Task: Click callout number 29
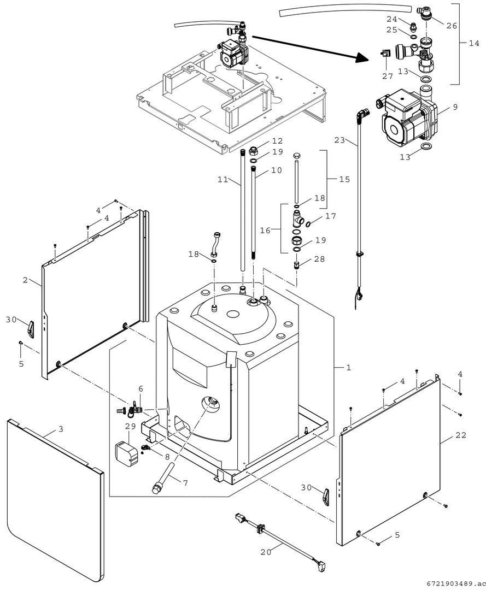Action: pyautogui.click(x=131, y=426)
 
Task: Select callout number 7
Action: pyautogui.click(x=185, y=483)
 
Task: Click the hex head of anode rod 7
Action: pyautogui.click(x=156, y=490)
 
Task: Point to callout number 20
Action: pyautogui.click(x=265, y=552)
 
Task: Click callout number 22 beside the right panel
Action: pyautogui.click(x=461, y=435)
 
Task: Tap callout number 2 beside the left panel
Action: pyautogui.click(x=25, y=280)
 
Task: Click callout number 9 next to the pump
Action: pyautogui.click(x=455, y=107)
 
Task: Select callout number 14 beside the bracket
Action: pyautogui.click(x=474, y=43)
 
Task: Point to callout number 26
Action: pyautogui.click(x=452, y=26)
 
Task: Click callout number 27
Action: pyautogui.click(x=388, y=76)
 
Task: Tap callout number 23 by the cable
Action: pyautogui.click(x=339, y=140)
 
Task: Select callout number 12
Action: pyautogui.click(x=278, y=141)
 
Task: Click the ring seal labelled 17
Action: pyautogui.click(x=308, y=225)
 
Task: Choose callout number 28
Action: pyautogui.click(x=319, y=259)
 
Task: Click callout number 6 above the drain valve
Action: pyautogui.click(x=141, y=388)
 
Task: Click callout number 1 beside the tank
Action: pyautogui.click(x=349, y=367)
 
